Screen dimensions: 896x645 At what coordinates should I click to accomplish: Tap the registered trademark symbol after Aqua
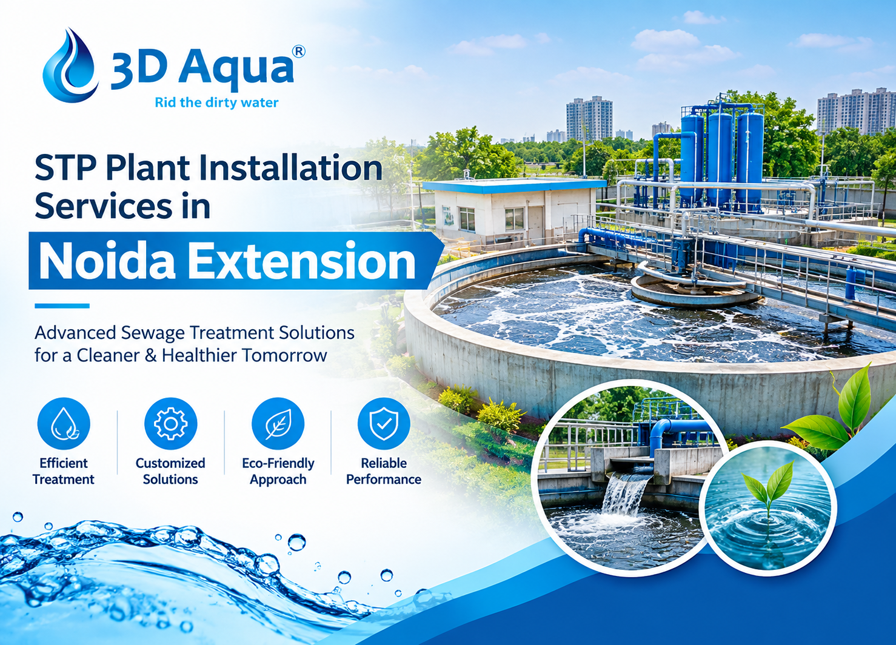tap(298, 51)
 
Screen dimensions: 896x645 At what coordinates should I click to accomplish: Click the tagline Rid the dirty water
tap(216, 103)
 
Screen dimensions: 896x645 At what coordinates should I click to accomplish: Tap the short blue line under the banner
tap(62, 306)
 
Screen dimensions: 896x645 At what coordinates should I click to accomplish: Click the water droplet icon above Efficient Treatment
tap(64, 424)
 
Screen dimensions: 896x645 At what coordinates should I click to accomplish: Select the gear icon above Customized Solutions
tap(171, 424)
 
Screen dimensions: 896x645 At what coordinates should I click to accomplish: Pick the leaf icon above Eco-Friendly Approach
tap(278, 424)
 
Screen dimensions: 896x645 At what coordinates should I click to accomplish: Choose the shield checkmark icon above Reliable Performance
tap(384, 424)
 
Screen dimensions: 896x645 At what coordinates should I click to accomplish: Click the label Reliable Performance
tap(384, 471)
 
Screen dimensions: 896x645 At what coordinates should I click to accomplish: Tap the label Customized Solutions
tap(170, 471)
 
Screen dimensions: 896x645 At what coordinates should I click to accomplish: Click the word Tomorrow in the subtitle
tap(284, 355)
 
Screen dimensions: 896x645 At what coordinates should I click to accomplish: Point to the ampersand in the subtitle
tap(150, 355)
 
